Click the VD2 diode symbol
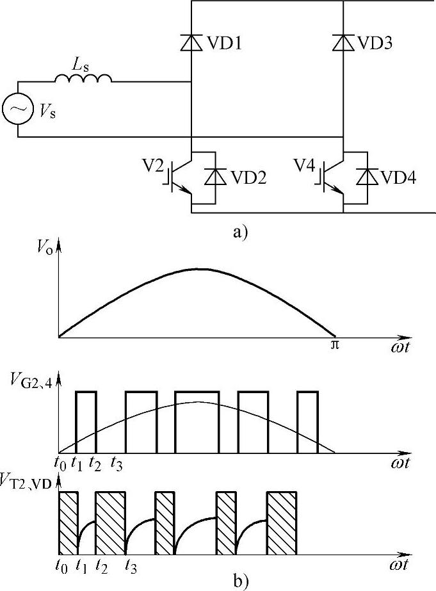pos(215,176)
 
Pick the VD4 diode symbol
pos(367,176)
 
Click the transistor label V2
pos(153,168)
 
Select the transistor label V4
pos(305,168)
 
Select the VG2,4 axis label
pos(29,384)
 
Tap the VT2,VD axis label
pos(32,476)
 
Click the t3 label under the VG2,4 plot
pos(117,464)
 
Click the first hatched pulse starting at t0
pos(68,522)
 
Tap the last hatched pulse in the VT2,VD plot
pos(282,522)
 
